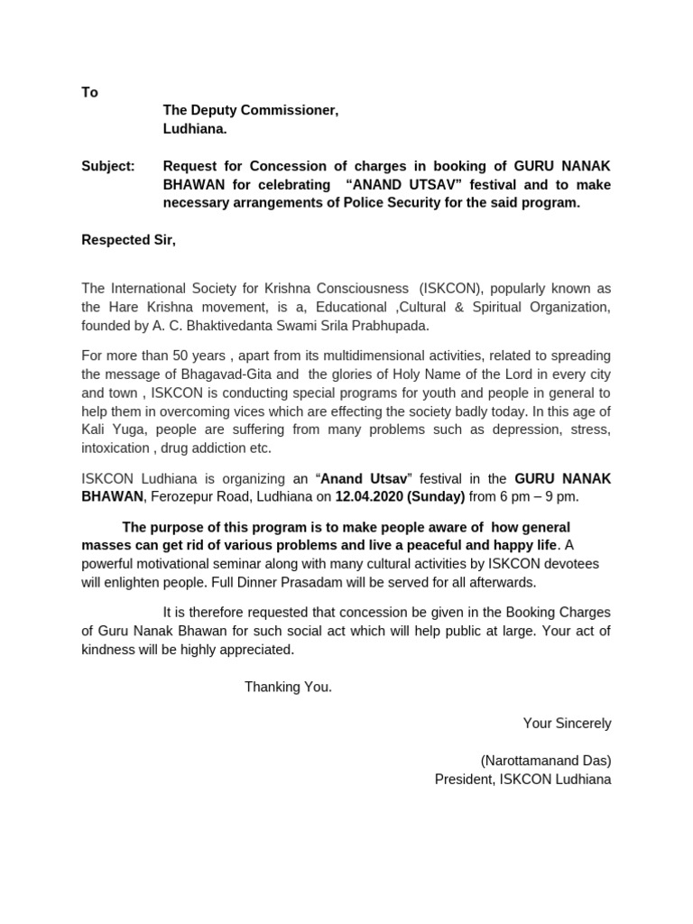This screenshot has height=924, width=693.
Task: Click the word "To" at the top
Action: coord(89,92)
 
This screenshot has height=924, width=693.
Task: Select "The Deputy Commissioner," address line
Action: coord(250,110)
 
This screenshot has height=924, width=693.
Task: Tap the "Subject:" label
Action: coord(107,166)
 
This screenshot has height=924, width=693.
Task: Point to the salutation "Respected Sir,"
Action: coord(128,239)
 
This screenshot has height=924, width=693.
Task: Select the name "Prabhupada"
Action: coord(385,325)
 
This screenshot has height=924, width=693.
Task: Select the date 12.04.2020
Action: coord(368,496)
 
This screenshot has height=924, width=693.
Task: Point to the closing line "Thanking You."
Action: coord(288,687)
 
